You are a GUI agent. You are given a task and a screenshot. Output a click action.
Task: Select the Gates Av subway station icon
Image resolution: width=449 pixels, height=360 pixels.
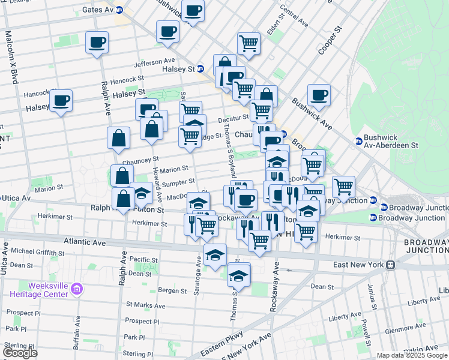coord(119,10)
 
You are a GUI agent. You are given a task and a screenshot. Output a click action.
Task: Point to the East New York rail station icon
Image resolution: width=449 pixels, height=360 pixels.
coord(390,264)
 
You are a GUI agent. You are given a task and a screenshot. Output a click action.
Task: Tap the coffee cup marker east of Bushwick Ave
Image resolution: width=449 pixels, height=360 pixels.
coord(319,94)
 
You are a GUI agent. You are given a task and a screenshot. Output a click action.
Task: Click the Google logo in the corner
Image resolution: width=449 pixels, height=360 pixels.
coord(20,353)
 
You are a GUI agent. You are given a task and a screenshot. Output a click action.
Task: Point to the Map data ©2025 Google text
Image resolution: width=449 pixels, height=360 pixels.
coord(412,355)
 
